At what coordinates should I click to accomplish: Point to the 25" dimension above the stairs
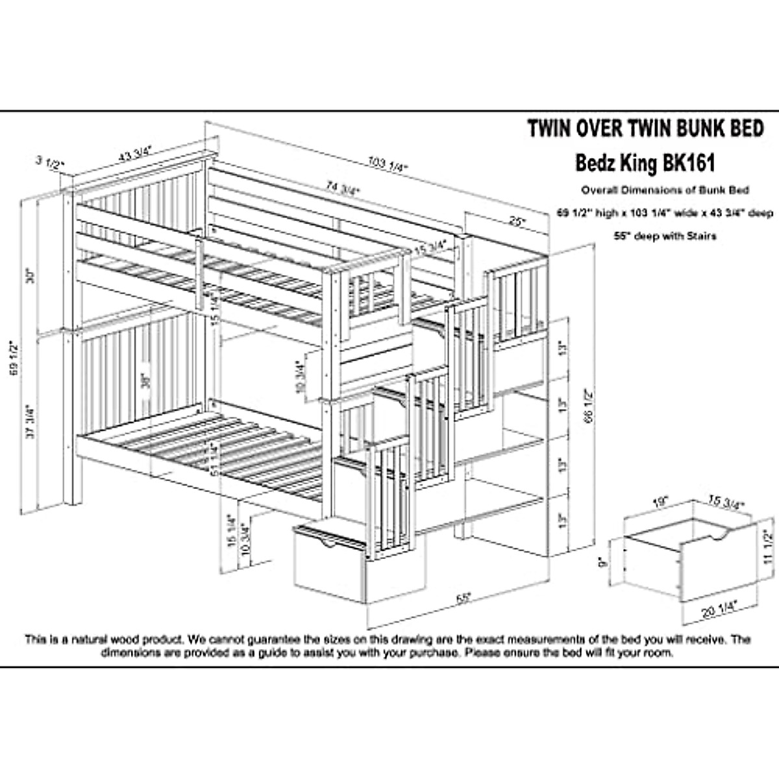(517, 221)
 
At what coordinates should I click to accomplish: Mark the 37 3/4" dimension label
(29, 422)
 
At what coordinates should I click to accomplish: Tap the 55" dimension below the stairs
(462, 598)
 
